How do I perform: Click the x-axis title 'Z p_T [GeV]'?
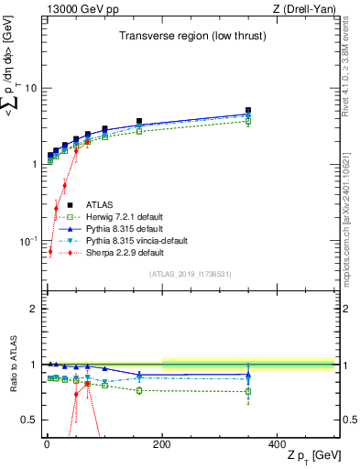point(311,456)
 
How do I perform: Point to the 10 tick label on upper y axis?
point(30,89)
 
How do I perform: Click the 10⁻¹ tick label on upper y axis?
point(27,240)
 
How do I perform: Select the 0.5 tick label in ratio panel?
point(27,420)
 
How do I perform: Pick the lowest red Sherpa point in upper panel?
point(50,251)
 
